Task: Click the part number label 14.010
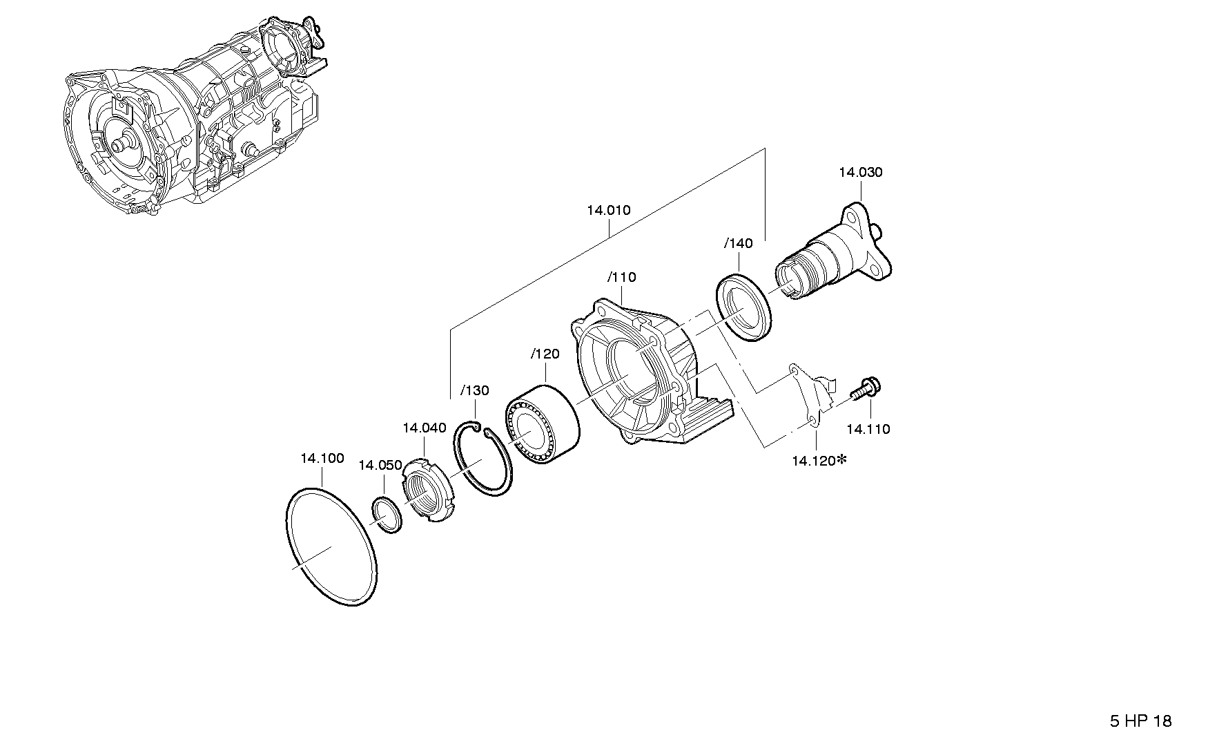(608, 211)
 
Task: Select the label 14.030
(860, 173)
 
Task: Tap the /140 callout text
(738, 243)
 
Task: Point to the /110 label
(621, 278)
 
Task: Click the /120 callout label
(545, 354)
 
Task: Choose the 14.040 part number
(424, 428)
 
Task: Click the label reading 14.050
(380, 466)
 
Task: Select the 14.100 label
(322, 458)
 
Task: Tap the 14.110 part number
(868, 429)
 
